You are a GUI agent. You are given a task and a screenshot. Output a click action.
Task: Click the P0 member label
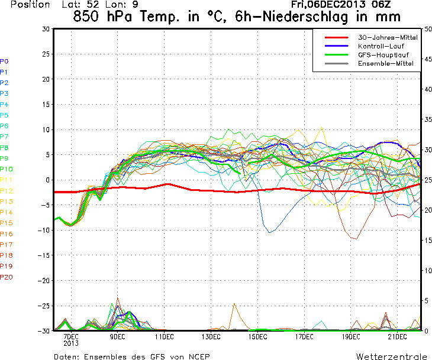pyautogui.click(x=4, y=61)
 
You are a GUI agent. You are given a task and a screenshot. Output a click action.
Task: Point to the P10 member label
pyautogui.click(x=6, y=169)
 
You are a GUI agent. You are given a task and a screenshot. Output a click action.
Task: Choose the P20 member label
pyautogui.click(x=6, y=277)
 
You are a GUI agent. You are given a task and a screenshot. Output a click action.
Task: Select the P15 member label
pyautogui.click(x=6, y=223)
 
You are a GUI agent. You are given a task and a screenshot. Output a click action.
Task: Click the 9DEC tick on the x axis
pyautogui.click(x=117, y=337)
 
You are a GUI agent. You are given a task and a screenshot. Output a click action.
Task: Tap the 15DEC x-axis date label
pyautogui.click(x=257, y=337)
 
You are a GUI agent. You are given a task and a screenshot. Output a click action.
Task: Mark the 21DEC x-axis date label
pyautogui.click(x=397, y=337)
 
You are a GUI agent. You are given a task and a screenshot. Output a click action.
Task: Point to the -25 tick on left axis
pyautogui.click(x=44, y=306)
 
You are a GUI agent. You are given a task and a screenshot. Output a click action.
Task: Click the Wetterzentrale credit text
pyautogui.click(x=391, y=356)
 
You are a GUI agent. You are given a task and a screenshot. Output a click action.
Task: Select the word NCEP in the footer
pyautogui.click(x=196, y=356)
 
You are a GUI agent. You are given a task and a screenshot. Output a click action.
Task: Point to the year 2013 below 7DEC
pyautogui.click(x=71, y=343)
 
